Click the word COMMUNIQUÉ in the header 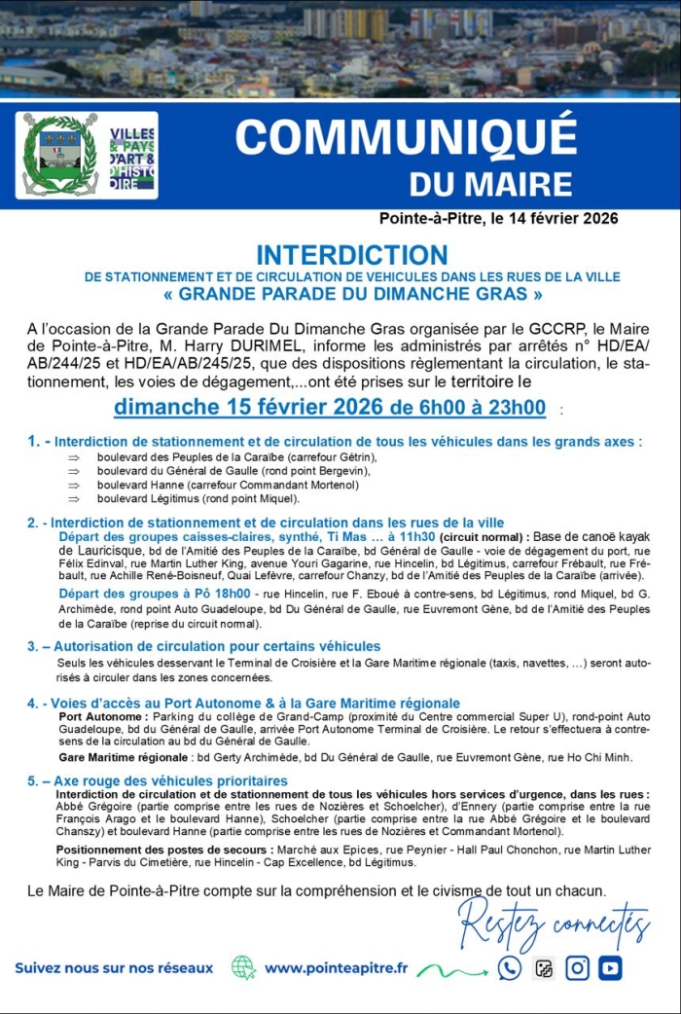click(x=406, y=137)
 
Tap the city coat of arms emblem click(x=60, y=155)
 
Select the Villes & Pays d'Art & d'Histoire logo click(x=131, y=156)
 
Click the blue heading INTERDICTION click(x=351, y=255)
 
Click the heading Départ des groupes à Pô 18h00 click(x=156, y=593)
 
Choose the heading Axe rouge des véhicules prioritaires click(x=170, y=780)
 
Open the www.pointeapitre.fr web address click(x=336, y=968)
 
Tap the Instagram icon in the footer click(x=577, y=968)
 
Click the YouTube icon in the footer click(x=610, y=968)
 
